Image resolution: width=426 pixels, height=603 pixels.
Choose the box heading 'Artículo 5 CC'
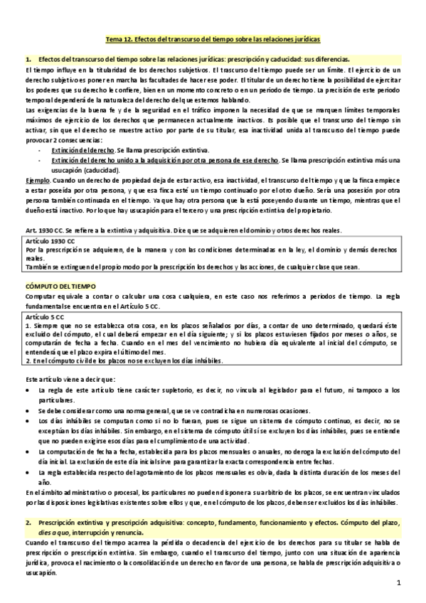(47, 314)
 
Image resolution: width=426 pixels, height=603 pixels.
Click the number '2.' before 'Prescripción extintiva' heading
(27, 522)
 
